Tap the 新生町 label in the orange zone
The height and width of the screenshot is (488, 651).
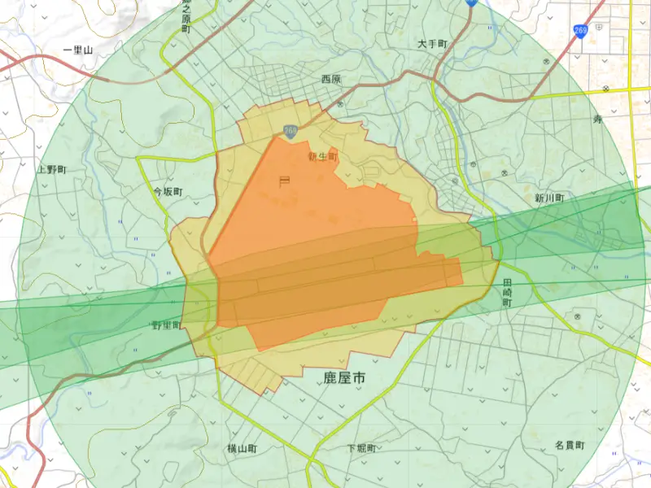(x=322, y=156)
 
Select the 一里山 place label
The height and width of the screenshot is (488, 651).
(x=78, y=50)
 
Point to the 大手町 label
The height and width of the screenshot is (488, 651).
(x=433, y=43)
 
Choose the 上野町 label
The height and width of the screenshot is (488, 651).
(x=51, y=169)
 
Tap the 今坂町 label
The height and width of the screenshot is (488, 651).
(x=168, y=193)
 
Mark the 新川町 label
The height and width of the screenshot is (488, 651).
(x=549, y=198)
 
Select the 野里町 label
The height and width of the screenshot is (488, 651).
(x=167, y=325)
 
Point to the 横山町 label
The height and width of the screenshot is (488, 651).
(x=242, y=448)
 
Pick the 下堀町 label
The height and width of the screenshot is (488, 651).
(x=360, y=448)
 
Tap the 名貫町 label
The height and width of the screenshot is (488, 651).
(x=570, y=445)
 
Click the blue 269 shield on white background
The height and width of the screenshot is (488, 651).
(x=580, y=31)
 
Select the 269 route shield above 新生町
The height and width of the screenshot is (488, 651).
(x=290, y=130)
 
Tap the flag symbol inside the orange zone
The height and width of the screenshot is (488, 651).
(x=284, y=181)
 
